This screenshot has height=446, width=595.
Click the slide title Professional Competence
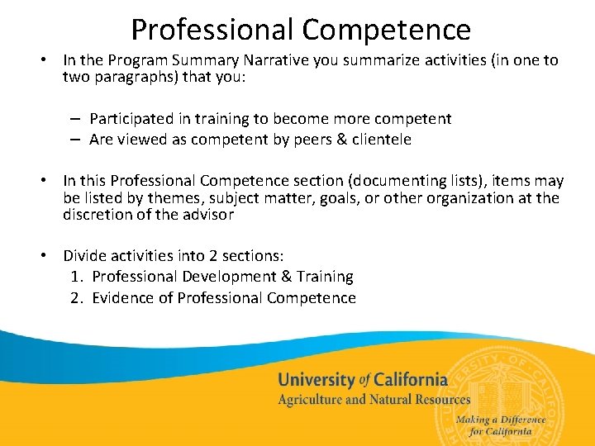301,30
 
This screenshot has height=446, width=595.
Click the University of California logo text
363,380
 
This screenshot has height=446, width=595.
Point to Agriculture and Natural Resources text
374,400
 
